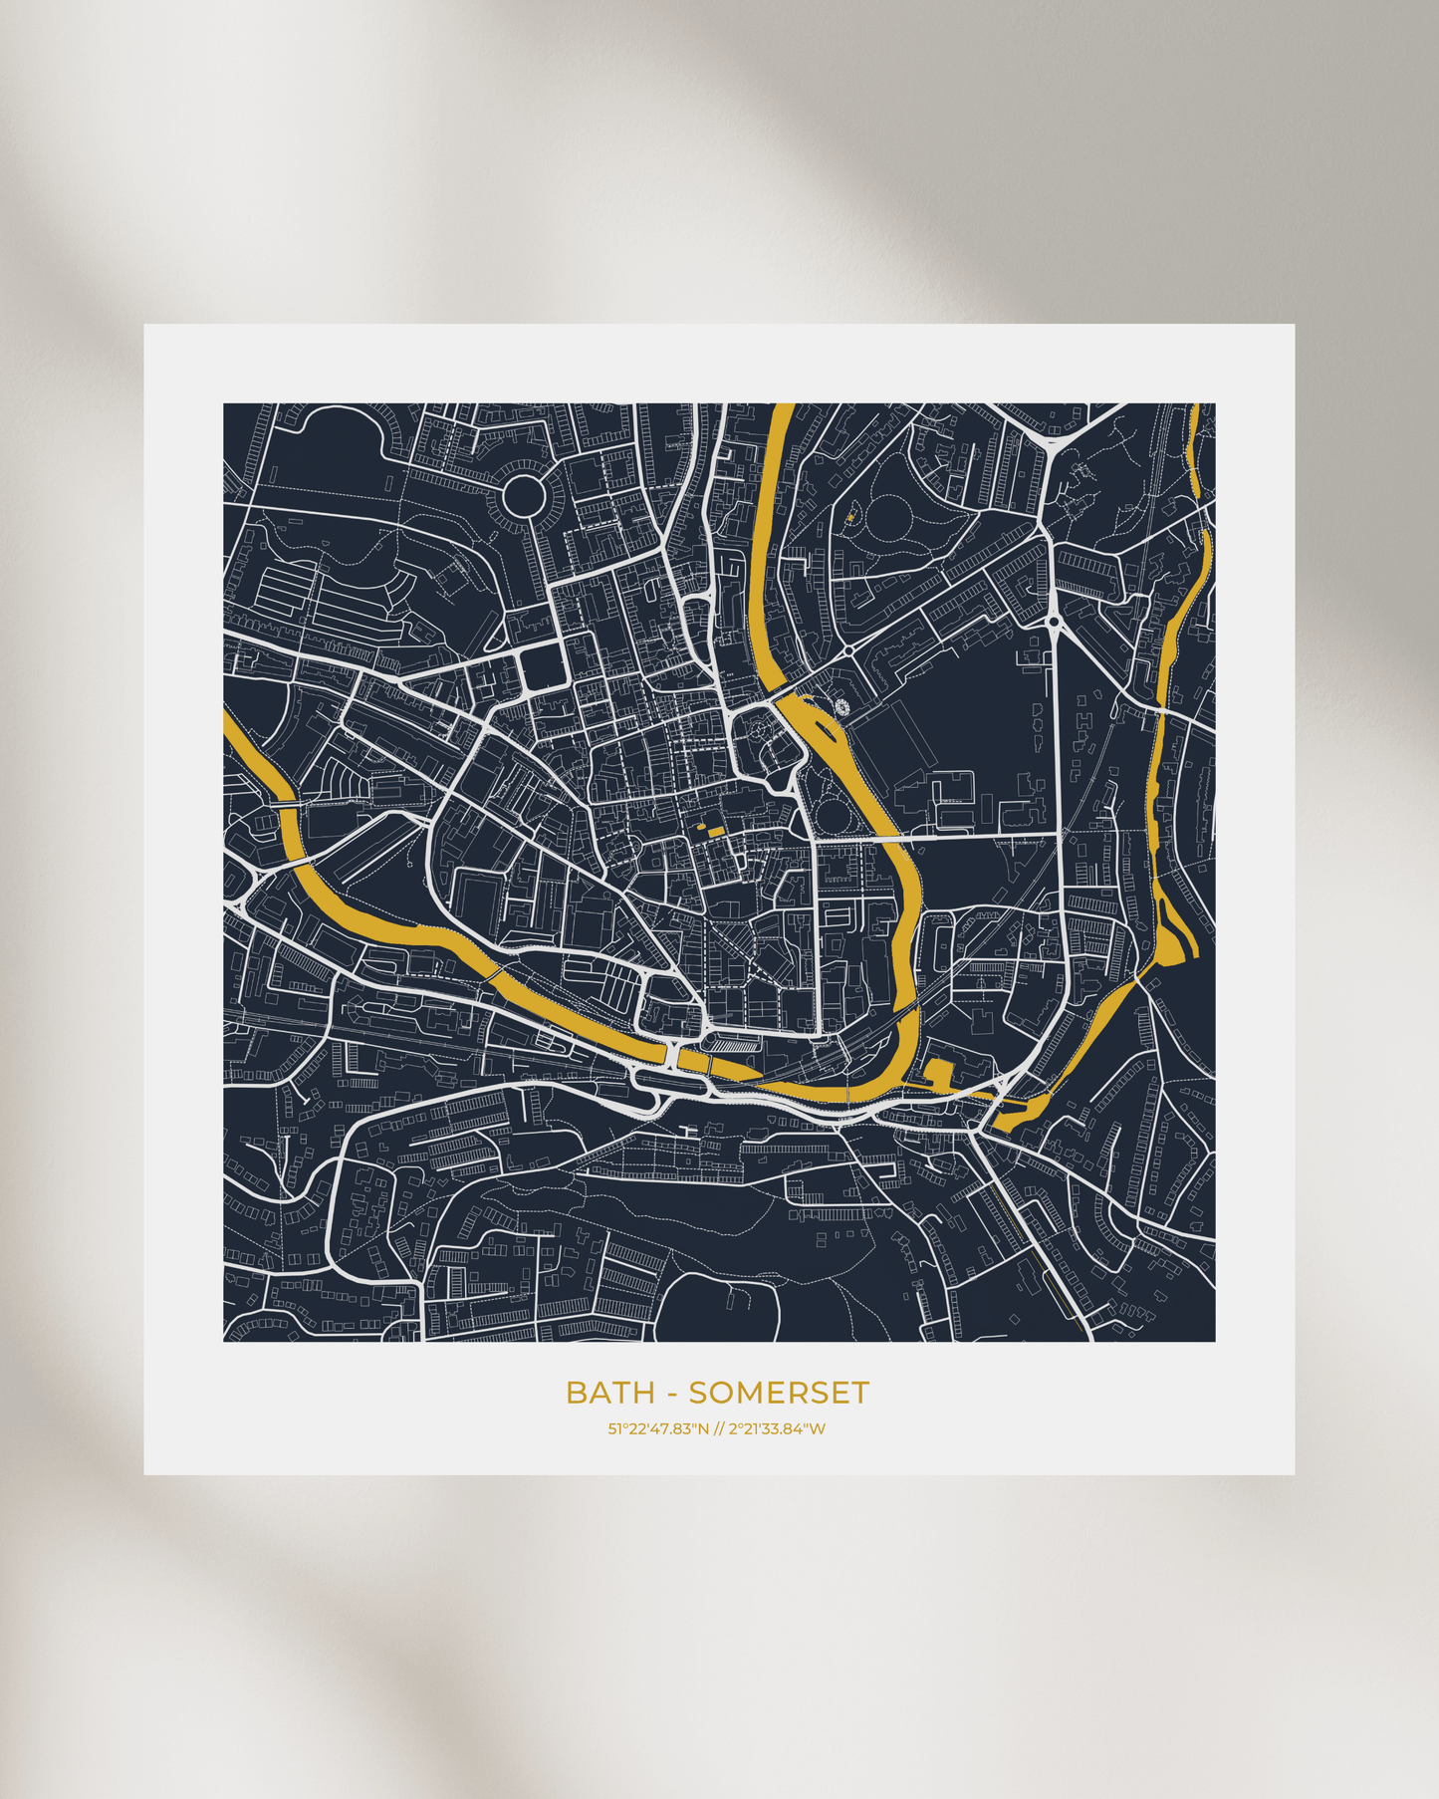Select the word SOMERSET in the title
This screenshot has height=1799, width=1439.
779,1393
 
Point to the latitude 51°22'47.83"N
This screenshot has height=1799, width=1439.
658,1429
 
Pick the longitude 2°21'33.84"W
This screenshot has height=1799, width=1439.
777,1429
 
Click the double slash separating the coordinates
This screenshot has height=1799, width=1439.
719,1429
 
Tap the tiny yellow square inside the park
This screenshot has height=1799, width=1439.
849,518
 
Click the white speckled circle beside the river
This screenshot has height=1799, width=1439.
842,707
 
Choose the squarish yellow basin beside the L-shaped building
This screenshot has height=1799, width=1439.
938,1072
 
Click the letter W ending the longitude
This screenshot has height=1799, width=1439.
818,1429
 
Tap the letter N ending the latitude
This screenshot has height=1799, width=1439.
703,1429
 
